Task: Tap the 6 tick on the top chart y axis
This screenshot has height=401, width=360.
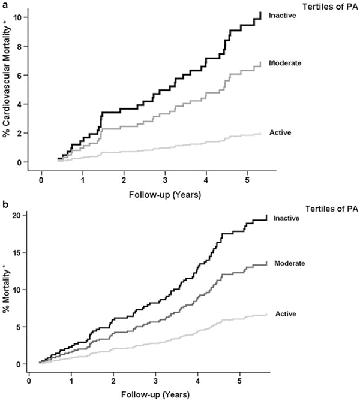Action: click(x=20, y=76)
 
